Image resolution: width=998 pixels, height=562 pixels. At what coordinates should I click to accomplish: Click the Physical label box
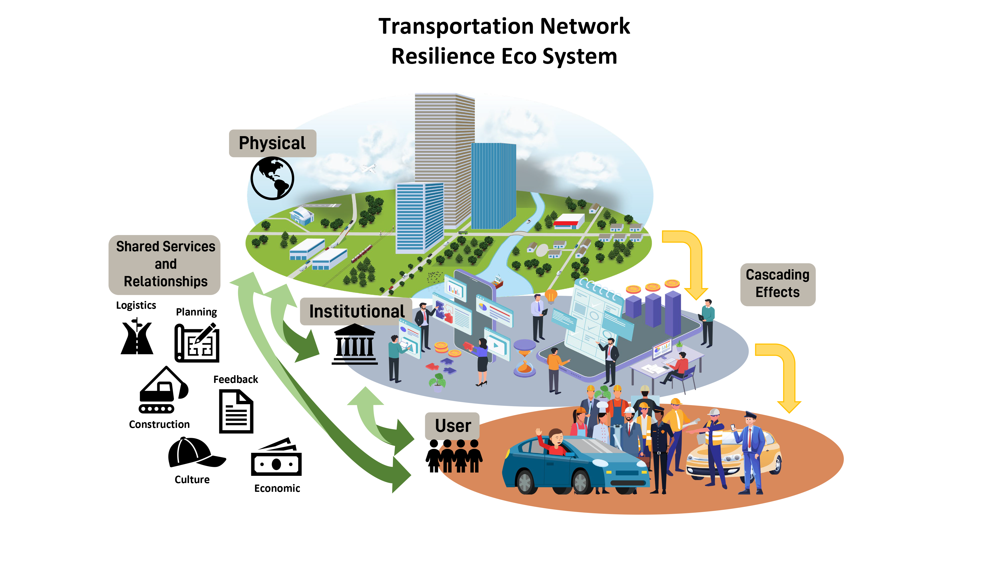(x=272, y=143)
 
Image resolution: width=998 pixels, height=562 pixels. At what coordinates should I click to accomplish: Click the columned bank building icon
(x=355, y=344)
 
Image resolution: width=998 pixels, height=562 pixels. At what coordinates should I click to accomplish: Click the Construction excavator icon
(x=163, y=390)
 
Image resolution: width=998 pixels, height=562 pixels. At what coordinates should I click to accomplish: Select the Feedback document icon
(x=236, y=411)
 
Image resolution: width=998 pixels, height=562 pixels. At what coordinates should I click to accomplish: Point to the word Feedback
(x=236, y=379)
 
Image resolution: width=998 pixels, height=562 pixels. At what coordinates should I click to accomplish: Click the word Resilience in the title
(x=444, y=56)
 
